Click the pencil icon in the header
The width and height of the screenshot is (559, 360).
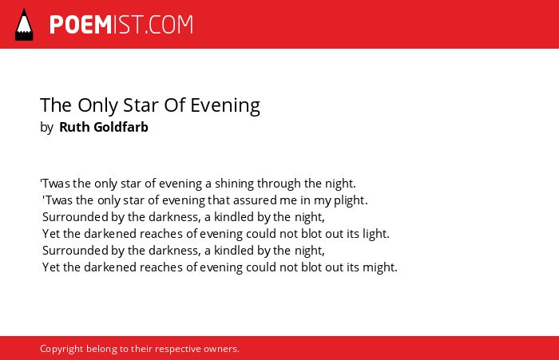[x=24, y=25]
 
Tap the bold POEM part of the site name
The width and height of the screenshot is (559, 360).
[x=81, y=25]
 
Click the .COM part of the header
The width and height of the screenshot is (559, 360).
[x=168, y=25]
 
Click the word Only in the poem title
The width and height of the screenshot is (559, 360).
[x=97, y=106]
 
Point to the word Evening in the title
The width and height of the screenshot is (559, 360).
[x=225, y=106]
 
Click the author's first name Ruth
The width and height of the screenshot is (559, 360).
[x=73, y=127]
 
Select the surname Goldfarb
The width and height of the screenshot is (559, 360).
[x=121, y=127]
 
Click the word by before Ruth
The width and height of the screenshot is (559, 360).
[x=46, y=128]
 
